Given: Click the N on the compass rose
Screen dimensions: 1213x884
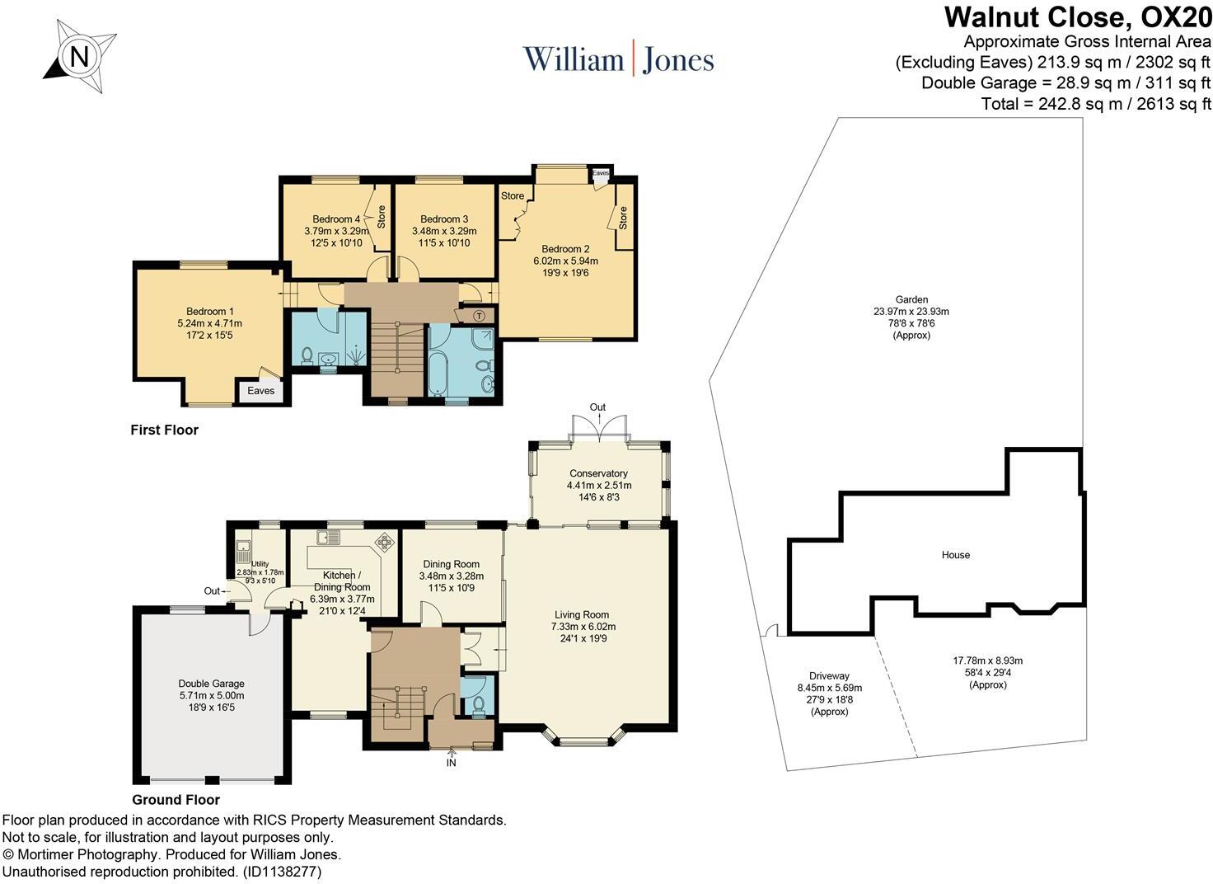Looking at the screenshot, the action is tap(80, 56).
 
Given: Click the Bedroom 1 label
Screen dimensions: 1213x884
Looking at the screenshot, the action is tap(209, 311).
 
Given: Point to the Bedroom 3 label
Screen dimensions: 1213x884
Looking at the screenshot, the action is tap(444, 219).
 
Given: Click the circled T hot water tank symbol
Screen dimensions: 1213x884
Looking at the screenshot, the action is tap(479, 316).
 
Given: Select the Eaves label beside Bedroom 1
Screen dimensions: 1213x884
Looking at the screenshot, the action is tap(261, 390).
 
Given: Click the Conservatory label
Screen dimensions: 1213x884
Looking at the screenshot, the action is tap(598, 473).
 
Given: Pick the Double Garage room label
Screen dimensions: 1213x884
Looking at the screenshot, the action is tap(211, 684).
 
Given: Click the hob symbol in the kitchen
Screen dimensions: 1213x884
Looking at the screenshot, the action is tap(385, 542).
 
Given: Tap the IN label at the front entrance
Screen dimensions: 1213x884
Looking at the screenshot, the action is tap(451, 763).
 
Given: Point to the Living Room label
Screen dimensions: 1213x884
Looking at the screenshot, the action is tap(582, 614).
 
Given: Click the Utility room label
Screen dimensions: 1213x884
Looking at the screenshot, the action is tap(260, 564).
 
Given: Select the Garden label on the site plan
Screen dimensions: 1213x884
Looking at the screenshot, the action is tap(911, 299).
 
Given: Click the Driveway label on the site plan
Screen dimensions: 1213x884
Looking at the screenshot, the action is tap(829, 676).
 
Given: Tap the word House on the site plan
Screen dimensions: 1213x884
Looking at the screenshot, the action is tap(956, 554).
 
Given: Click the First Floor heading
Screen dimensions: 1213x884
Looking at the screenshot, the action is tap(165, 430).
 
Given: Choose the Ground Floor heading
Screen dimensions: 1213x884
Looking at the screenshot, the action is tap(176, 799).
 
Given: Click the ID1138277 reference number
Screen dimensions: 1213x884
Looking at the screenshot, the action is tap(282, 872).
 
